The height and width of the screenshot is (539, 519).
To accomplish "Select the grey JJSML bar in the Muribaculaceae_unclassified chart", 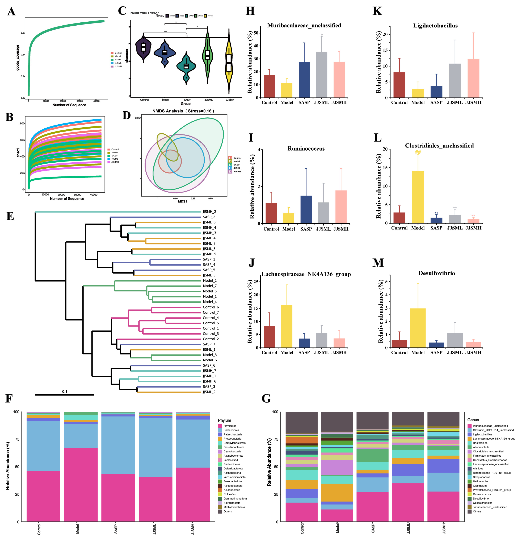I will tap(322, 75).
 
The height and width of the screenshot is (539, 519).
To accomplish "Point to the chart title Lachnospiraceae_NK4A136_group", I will tap(306, 274).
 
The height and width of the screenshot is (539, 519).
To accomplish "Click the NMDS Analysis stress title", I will tap(183, 111).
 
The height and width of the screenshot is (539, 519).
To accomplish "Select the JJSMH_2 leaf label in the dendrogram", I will tap(209, 212).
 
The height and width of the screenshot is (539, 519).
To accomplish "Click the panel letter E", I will tap(10, 216).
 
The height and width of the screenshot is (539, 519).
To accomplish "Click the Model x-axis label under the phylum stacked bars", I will tap(77, 529).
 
